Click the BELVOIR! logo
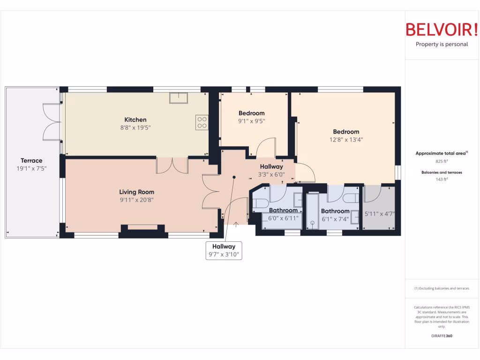click(442, 30)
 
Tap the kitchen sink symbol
click(179, 97)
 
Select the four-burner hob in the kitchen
click(202, 123)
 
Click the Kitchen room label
click(135, 120)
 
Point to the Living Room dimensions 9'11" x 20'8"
click(136, 200)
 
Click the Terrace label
click(31, 161)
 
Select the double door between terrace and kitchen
click(52, 121)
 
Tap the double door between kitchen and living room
click(172, 165)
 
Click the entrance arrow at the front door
click(236, 224)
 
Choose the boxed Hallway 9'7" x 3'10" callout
click(224, 251)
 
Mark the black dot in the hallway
click(234, 177)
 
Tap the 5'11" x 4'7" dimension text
click(380, 214)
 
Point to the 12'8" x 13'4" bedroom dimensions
click(346, 139)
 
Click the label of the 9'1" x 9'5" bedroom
click(251, 113)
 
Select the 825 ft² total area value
click(442, 161)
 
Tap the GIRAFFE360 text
click(442, 336)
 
